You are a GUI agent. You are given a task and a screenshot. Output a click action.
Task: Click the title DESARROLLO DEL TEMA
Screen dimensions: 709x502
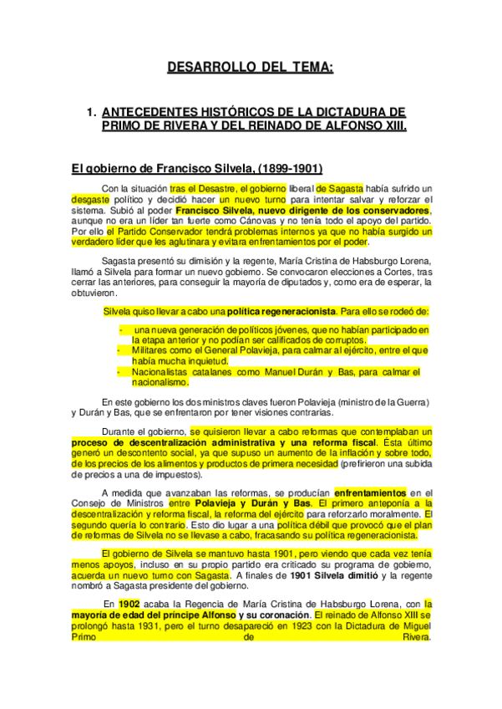(251, 66)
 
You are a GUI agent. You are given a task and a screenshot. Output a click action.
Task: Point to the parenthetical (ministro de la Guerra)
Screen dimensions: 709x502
(376, 402)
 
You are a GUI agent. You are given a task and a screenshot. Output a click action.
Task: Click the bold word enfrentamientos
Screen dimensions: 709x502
(370, 492)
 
